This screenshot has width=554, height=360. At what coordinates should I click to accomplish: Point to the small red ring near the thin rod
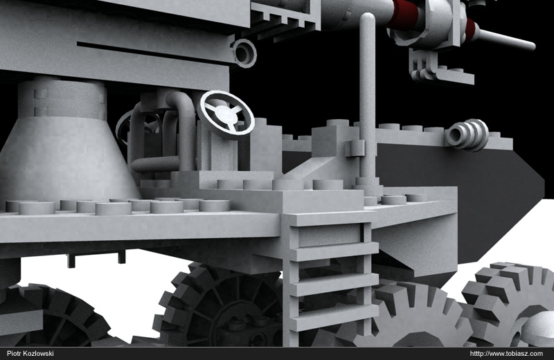point(470,28)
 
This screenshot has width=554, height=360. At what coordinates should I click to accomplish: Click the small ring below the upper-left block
point(244,53)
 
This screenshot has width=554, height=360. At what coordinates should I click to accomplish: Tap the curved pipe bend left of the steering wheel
point(181,104)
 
